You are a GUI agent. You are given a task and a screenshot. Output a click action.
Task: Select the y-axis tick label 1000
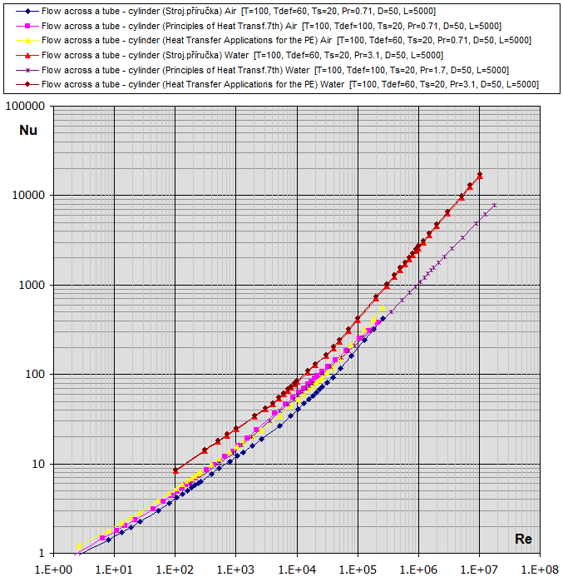(35, 285)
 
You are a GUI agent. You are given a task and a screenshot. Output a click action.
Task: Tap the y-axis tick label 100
(37, 374)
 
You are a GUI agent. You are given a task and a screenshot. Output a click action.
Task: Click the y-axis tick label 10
(41, 464)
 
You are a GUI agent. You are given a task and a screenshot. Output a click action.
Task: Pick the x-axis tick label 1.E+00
(52, 570)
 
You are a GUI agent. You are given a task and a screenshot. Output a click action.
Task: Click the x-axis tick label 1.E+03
(235, 570)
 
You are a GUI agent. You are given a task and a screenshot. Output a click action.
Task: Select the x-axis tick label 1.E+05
(358, 570)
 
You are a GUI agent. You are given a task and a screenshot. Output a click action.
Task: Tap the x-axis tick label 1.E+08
(540, 570)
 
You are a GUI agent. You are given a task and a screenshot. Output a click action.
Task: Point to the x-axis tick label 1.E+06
(418, 570)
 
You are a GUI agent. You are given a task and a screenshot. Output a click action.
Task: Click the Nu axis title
(28, 130)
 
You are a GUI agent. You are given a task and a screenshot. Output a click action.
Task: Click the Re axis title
(523, 539)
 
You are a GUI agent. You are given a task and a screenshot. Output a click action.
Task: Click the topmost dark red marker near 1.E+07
(480, 175)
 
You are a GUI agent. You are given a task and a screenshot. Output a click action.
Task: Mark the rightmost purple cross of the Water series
(495, 205)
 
